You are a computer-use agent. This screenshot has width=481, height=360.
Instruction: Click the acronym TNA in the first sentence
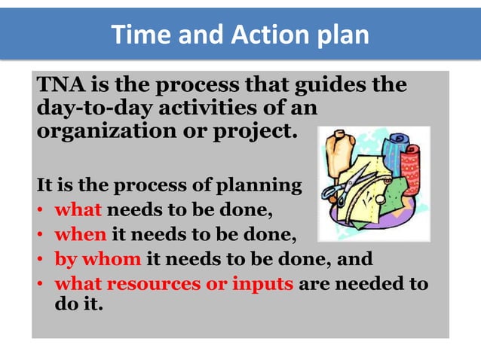[x=58, y=85]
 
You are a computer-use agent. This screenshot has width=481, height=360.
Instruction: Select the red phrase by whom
[x=98, y=260]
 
